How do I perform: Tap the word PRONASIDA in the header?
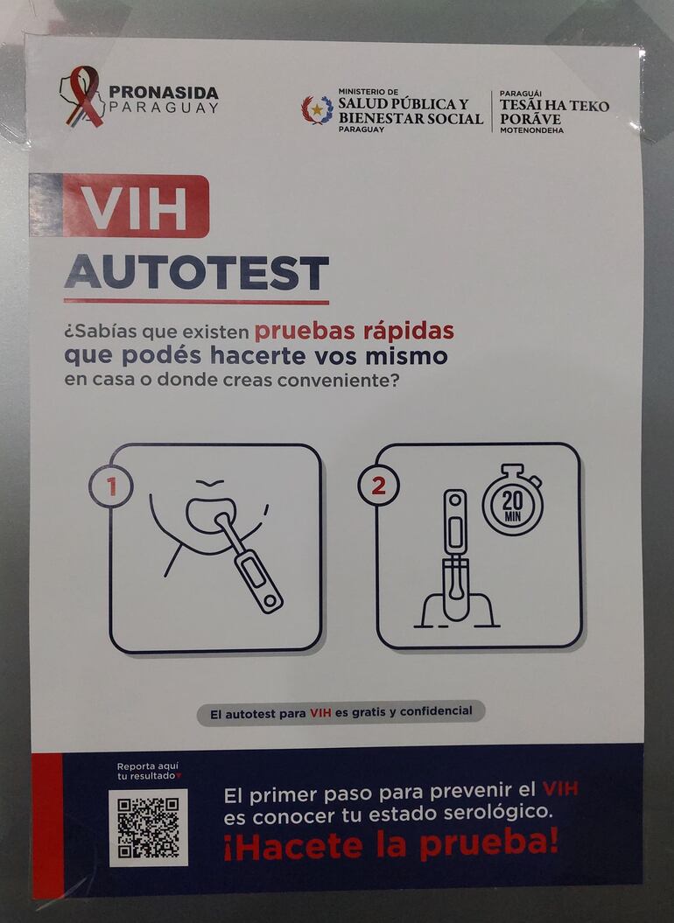pos(164,93)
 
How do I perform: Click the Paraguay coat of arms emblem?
pos(317,110)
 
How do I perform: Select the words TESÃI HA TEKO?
pos(554,105)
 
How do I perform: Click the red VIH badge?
pos(136,206)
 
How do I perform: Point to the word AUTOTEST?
pos(196,273)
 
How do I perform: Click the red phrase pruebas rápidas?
pos(355,331)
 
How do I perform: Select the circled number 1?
pos(111,486)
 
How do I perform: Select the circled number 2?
pos(379,485)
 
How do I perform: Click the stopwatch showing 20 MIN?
pos(513,501)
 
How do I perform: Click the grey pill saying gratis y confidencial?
pos(341,713)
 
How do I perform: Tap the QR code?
pos(149,828)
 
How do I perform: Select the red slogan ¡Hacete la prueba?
pos(390,844)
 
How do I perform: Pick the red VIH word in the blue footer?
pos(560,788)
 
